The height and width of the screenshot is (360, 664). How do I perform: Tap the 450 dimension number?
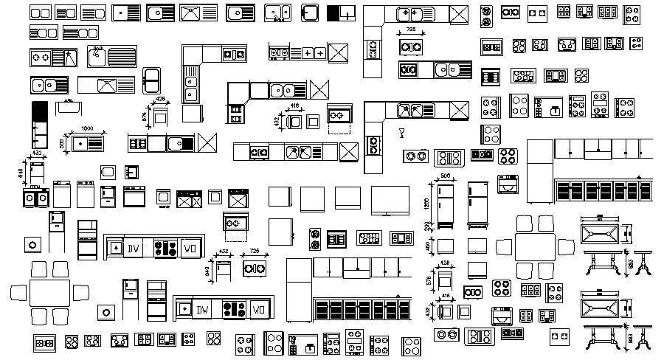point(426,246)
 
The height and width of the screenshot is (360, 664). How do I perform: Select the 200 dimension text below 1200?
point(426,225)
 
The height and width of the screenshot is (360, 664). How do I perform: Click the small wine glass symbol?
point(402,134)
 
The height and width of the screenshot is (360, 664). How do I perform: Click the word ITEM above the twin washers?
point(35,187)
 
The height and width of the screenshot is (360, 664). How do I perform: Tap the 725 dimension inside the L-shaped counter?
point(410,30)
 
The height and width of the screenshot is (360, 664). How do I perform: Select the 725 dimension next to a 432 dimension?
point(254,252)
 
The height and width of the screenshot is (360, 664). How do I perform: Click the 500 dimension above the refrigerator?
point(446,176)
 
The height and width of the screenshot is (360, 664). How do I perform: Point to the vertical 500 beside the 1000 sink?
point(62,142)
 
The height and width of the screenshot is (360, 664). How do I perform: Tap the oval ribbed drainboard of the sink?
point(121,55)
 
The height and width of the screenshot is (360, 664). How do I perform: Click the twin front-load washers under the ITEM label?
point(35,198)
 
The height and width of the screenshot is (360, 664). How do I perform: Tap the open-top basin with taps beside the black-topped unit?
point(69,105)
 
